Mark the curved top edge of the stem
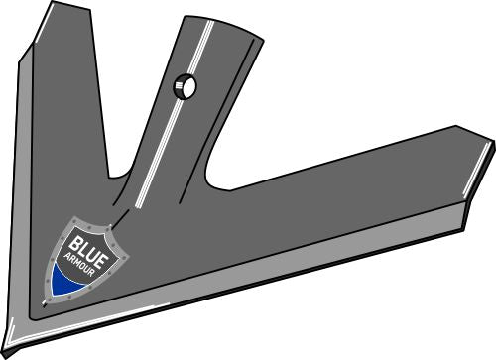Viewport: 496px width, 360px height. pos(222,24)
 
